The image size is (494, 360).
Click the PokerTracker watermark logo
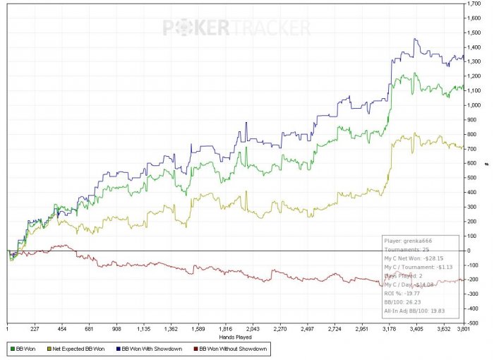236,28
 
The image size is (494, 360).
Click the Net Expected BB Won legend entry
77,348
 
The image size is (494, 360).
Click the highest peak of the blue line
415,39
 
